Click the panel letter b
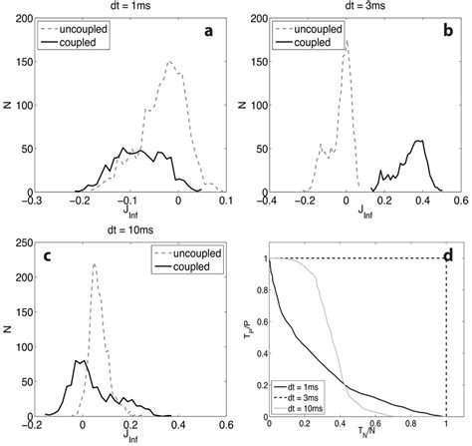pos(445,32)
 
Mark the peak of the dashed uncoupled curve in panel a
pos(169,62)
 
